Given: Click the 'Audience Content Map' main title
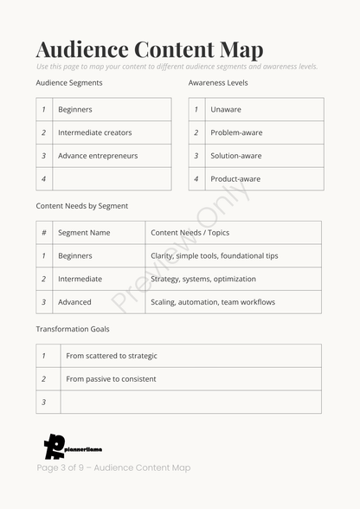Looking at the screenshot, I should [150, 49].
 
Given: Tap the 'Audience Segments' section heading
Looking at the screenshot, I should [69, 83].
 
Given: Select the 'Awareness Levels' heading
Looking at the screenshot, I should [218, 83].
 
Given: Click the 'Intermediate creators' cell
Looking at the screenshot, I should [95, 132].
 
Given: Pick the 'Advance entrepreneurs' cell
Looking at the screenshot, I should [98, 156].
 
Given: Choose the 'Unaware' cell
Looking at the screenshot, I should [226, 110].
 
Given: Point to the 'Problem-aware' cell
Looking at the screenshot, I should [236, 132].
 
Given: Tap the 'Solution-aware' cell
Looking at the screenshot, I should [236, 156].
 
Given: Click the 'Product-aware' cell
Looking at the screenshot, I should [235, 179].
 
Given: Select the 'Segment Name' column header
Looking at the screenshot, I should [84, 233].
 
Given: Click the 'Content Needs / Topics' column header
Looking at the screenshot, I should [190, 233].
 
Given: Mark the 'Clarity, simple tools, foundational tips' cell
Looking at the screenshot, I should [215, 256].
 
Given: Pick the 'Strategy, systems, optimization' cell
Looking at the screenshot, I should [203, 279].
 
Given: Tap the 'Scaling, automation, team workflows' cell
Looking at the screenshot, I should [213, 302].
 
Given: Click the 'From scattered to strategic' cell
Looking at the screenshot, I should [112, 356].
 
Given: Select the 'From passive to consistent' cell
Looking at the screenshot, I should [111, 379].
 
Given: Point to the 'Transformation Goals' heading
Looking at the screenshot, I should [73, 329].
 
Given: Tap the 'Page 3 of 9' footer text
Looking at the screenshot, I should [113, 468].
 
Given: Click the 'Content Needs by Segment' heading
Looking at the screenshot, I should [82, 206].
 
